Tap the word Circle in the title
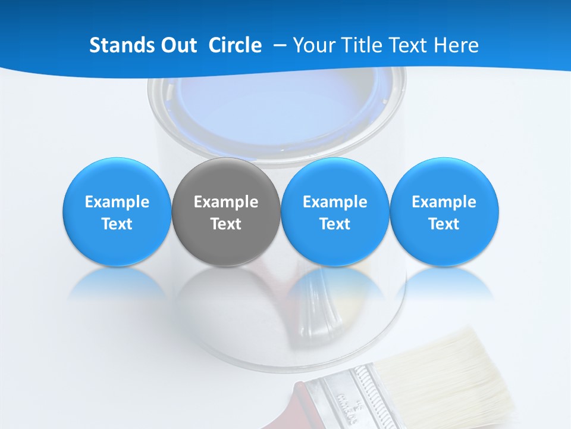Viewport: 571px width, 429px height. pyautogui.click(x=235, y=45)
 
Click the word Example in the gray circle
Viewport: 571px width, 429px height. pyautogui.click(x=226, y=202)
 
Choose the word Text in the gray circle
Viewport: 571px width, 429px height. pyautogui.click(x=226, y=224)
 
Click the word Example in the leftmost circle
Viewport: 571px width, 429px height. pyautogui.click(x=117, y=202)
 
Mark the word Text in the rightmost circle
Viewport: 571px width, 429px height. pyautogui.click(x=444, y=224)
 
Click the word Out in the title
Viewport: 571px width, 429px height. pyautogui.click(x=177, y=45)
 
